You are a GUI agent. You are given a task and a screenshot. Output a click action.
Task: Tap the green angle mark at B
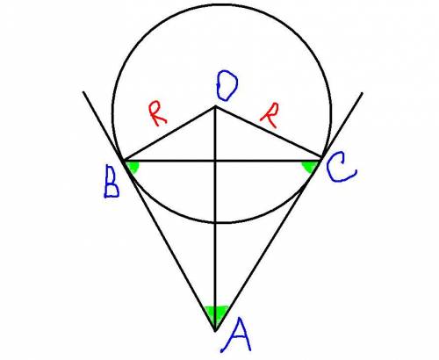click(133, 167)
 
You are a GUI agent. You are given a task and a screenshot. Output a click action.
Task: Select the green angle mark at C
click(309, 167)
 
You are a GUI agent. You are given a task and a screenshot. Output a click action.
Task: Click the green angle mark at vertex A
click(216, 314)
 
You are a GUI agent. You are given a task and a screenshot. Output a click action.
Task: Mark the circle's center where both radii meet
click(215, 106)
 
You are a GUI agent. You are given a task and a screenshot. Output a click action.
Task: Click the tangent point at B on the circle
click(124, 161)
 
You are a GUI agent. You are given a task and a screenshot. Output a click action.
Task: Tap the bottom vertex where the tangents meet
click(215, 331)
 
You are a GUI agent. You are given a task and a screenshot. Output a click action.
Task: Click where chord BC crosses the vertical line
click(215, 161)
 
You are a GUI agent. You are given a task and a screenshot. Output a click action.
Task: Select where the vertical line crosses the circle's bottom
click(215, 223)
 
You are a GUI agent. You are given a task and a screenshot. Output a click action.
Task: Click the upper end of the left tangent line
click(83, 92)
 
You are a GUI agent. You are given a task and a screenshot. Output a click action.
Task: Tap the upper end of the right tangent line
click(363, 93)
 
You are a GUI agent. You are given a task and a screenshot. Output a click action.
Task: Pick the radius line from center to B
click(169, 133)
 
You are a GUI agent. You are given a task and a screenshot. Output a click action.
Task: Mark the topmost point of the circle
click(221, 5)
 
